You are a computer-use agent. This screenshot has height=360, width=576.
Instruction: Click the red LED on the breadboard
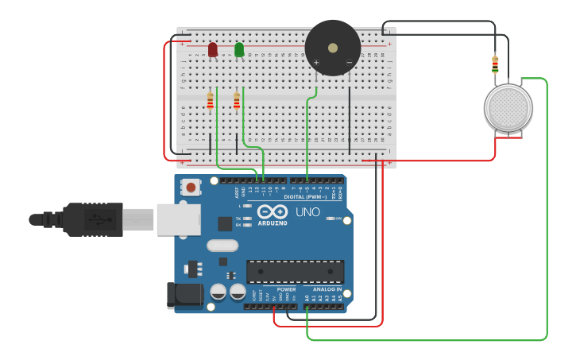coord(212,50)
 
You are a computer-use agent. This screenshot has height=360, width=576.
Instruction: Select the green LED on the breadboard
coord(239,50)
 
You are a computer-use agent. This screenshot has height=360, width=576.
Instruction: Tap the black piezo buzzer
coord(333,48)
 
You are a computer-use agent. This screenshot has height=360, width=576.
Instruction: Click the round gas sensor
coord(508,108)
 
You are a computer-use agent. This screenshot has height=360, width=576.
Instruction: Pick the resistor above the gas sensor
coord(495,64)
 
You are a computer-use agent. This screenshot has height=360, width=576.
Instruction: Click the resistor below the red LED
coord(210,101)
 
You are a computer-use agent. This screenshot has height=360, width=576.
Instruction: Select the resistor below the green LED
coord(236,101)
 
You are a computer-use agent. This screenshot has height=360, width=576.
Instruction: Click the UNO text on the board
coord(307,212)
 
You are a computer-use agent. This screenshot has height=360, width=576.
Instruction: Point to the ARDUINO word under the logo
coord(273,223)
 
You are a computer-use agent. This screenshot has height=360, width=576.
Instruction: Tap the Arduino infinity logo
coord(273,212)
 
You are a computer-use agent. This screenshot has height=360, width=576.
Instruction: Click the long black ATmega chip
coord(295,272)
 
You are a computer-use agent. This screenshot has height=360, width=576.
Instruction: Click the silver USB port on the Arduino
coord(178,219)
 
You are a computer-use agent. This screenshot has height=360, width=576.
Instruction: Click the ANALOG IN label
coord(327,289)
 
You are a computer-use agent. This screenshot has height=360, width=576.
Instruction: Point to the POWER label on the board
coord(286,289)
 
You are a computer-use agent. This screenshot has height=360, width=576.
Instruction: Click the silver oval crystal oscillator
coord(222,246)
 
